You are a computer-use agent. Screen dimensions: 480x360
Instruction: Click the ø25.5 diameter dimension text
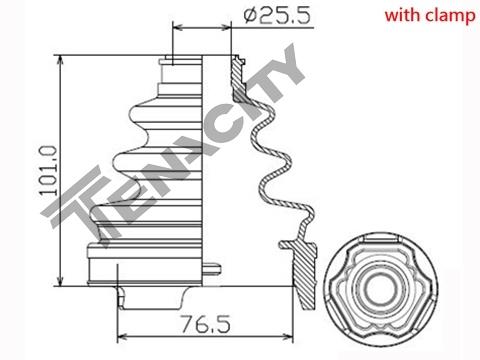pyautogui.click(x=277, y=15)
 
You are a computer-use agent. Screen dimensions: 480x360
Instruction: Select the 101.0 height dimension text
pyautogui.click(x=48, y=170)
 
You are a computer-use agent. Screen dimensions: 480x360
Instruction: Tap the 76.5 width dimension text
pyautogui.click(x=205, y=324)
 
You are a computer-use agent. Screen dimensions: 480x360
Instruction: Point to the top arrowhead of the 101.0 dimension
pyautogui.click(x=60, y=59)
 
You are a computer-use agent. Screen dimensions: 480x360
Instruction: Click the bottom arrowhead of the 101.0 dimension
pyautogui.click(x=60, y=282)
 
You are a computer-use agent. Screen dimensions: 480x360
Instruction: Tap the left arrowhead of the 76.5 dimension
pyautogui.click(x=123, y=337)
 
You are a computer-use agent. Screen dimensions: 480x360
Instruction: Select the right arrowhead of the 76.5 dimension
pyautogui.click(x=288, y=337)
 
